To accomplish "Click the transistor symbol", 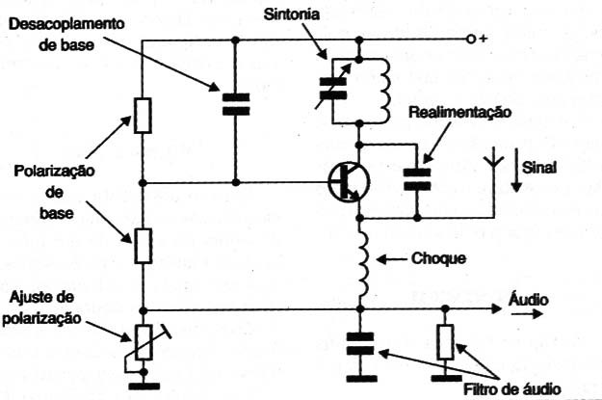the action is pos(349,182).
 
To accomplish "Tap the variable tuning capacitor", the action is pos(333,89).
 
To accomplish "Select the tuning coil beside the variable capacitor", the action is pos(383,92).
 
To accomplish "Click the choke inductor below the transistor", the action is pos(362,263).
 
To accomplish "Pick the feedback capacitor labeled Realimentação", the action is pos(417,179).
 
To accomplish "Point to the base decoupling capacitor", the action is pos(236,104).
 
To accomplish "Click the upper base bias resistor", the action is pos(143,116).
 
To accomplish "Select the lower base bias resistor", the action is pos(143,246).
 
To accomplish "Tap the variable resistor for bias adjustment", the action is pos(144,343).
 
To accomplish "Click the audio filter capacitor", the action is pos(359,344).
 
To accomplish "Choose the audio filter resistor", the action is pos(445,342).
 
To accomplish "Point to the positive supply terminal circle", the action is pos(470,40).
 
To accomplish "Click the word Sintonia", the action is pos(292,14).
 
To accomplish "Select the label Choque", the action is pos(439,258).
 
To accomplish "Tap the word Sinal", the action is pos(539,168).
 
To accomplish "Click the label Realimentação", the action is pos(460,113).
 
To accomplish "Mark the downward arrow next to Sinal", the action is pos(516,170).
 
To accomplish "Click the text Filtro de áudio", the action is pos(512,389).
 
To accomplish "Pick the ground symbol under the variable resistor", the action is pos(144,387).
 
